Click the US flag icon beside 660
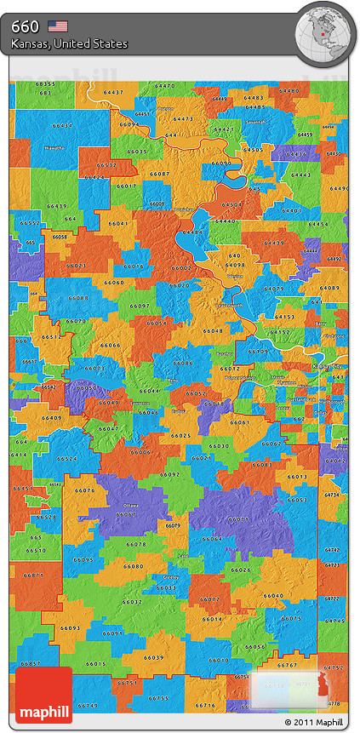(x=58, y=26)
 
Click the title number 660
(x=26, y=26)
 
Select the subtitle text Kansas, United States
(x=70, y=43)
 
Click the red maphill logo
(x=43, y=695)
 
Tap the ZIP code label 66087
(x=159, y=174)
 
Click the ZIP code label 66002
(x=181, y=268)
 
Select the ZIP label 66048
(x=213, y=330)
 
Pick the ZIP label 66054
(x=155, y=323)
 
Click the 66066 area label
(x=111, y=345)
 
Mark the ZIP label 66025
(x=180, y=435)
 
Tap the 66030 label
(x=219, y=445)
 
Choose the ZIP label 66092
(x=170, y=474)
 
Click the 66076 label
(x=85, y=490)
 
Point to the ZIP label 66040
(x=273, y=596)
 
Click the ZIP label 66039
(x=154, y=657)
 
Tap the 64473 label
(x=183, y=119)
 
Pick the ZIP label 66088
(x=79, y=298)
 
